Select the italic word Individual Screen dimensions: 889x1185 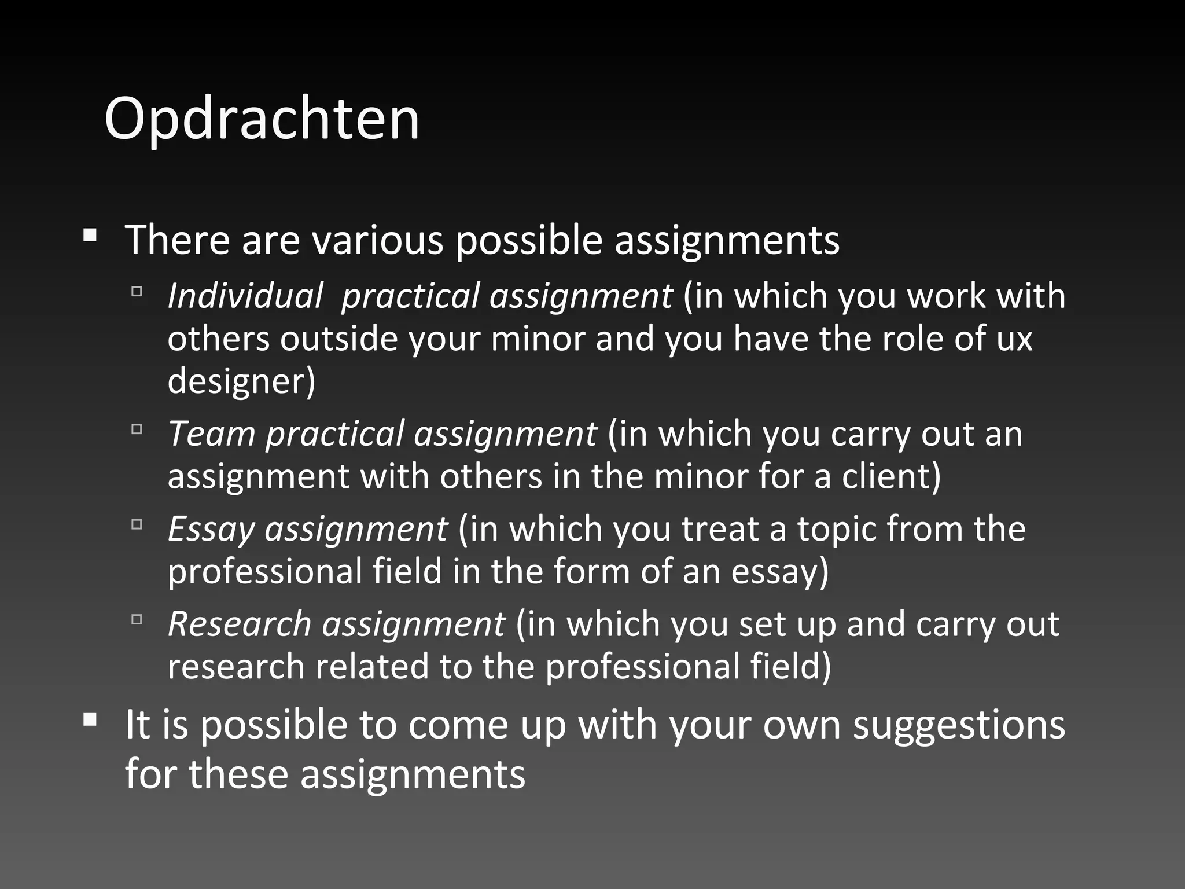pos(245,296)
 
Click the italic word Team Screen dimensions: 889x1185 pos(211,434)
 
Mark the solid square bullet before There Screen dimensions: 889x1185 pos(90,235)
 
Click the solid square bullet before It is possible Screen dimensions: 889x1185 pos(90,720)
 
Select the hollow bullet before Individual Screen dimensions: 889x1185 pos(137,291)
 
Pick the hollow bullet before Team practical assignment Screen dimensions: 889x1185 pos(137,429)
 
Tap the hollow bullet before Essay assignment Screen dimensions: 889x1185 pos(137,524)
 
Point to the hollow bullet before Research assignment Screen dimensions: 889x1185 pos(137,619)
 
